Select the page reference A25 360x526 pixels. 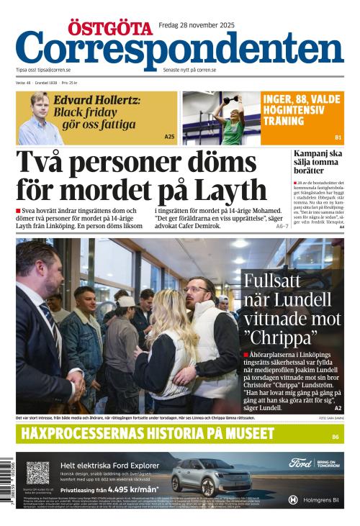pos(169,137)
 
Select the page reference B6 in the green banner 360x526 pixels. pos(336,437)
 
